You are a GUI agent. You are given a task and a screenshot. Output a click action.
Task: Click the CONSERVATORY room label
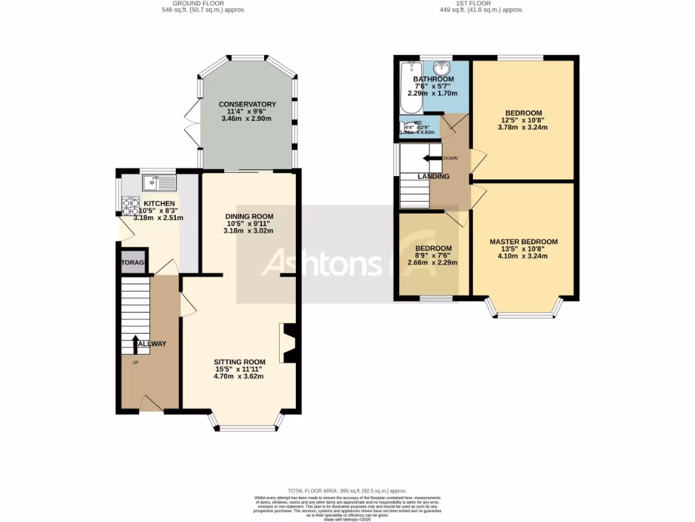pos(246,104)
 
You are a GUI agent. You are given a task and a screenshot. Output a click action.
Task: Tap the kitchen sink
pos(159,182)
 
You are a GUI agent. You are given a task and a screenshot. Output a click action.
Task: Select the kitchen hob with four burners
pos(130,206)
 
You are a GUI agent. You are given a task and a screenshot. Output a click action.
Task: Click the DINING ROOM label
pos(248,216)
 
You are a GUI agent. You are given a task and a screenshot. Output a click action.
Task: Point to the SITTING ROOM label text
pos(239,362)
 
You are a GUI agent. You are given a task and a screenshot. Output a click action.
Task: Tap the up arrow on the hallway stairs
pos(136,344)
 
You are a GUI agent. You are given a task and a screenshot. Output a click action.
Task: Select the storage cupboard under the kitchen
pos(133,263)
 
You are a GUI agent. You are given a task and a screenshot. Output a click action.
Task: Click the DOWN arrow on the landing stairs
pos(431,158)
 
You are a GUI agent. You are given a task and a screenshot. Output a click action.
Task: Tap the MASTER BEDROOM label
pos(523,242)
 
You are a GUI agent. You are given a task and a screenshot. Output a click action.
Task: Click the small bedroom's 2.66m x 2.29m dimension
pos(432,263)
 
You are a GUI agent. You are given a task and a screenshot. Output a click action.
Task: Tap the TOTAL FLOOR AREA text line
pos(347,491)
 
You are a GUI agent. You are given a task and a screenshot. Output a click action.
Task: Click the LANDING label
pos(434,177)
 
